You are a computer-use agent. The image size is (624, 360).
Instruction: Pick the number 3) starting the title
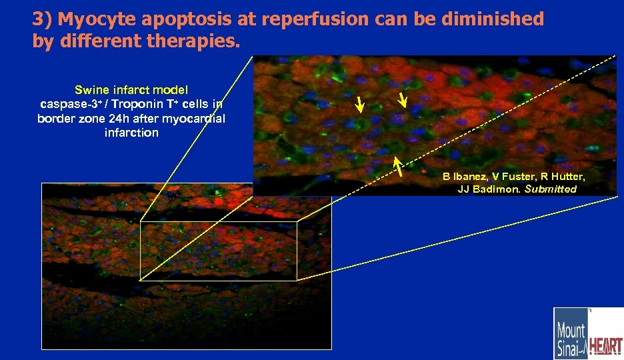(42, 19)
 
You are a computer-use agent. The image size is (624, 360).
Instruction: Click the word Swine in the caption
(92, 89)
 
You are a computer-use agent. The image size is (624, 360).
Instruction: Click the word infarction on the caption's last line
(131, 133)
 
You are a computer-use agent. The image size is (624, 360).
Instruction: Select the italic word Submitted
(550, 189)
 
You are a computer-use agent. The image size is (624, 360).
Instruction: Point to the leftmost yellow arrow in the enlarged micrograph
(359, 104)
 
